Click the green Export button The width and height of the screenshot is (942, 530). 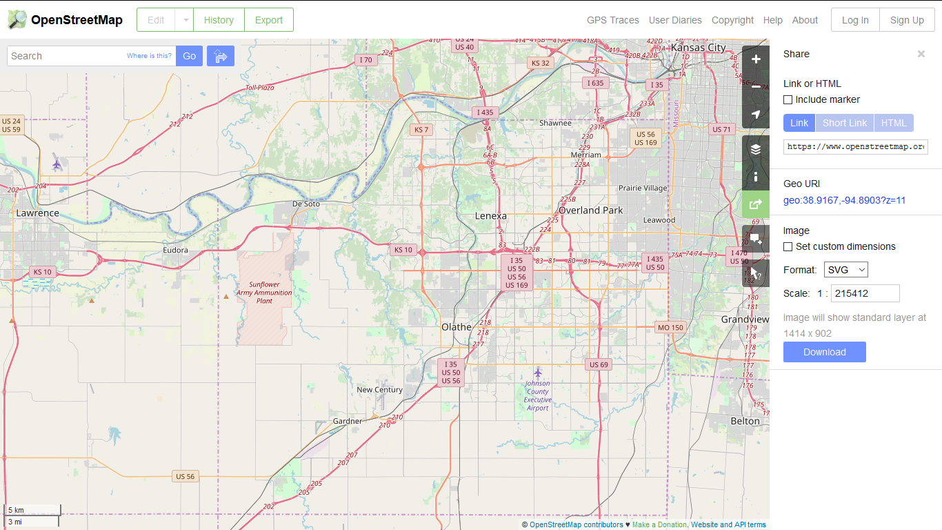(268, 20)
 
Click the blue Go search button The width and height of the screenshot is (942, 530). (189, 56)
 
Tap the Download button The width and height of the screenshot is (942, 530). (824, 352)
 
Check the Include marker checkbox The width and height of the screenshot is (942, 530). (788, 100)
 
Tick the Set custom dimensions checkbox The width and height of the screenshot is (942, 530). (788, 247)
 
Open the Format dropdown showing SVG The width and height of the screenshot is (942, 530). (845, 270)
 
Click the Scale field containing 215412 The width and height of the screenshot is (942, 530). (865, 293)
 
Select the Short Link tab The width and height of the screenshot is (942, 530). (844, 123)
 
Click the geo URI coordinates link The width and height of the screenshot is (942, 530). (844, 201)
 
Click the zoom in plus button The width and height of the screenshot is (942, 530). (756, 59)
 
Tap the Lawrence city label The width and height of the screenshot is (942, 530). (38, 213)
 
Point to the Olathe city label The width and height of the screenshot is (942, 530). (457, 327)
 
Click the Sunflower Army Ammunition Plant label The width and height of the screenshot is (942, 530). (264, 293)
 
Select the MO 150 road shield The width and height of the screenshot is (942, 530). (670, 328)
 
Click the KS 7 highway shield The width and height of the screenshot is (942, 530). (421, 130)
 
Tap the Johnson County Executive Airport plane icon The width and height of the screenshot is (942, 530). (538, 373)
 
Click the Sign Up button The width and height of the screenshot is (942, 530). (906, 20)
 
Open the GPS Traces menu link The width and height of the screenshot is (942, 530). (612, 20)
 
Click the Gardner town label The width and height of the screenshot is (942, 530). (347, 421)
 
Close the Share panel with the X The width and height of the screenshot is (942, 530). (921, 54)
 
